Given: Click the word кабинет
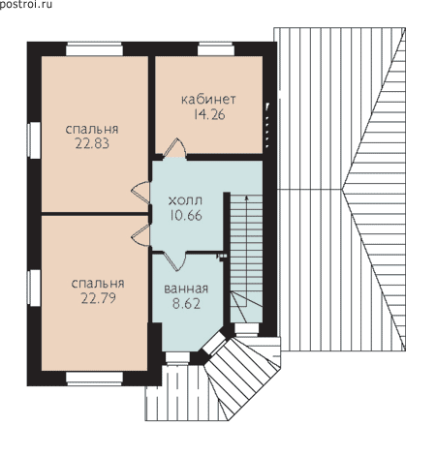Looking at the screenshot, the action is click(x=208, y=100).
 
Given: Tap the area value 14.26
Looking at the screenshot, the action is click(x=209, y=114).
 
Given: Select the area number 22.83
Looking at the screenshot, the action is click(x=92, y=143).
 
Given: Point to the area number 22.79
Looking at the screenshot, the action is click(x=98, y=298).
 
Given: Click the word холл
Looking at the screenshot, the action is click(x=185, y=200).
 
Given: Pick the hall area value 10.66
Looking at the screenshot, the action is click(x=186, y=215).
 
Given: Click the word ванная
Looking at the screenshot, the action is click(x=186, y=289).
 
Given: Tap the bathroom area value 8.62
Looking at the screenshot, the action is click(x=186, y=304).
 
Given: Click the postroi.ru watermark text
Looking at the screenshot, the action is click(x=26, y=5).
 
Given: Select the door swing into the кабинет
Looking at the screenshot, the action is click(x=174, y=148).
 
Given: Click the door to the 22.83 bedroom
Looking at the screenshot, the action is click(x=140, y=193).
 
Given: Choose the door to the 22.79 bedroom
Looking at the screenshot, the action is click(x=141, y=235).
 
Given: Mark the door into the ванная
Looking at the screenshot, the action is click(x=174, y=260).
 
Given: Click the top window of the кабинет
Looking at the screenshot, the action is click(x=216, y=49).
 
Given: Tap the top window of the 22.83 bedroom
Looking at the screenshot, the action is click(x=94, y=49).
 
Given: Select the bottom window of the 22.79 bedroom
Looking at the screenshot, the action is click(x=94, y=379).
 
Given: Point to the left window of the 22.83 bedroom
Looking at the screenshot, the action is click(x=34, y=140).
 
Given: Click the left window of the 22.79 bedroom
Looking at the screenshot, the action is click(x=34, y=289).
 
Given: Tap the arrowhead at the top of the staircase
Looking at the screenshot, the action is click(x=247, y=198).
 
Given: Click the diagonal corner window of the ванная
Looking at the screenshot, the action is click(x=213, y=344).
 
